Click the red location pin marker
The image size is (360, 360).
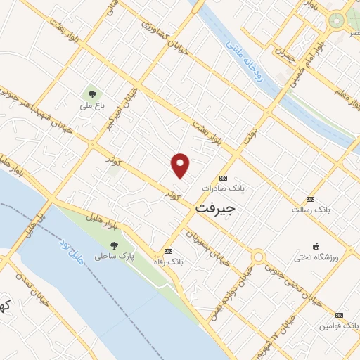[181, 165]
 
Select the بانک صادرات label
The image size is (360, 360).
[221, 188]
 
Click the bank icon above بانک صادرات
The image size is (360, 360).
[224, 178]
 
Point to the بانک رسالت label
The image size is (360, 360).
[311, 210]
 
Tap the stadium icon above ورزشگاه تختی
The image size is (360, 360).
[316, 246]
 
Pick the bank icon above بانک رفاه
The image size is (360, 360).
[167, 251]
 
